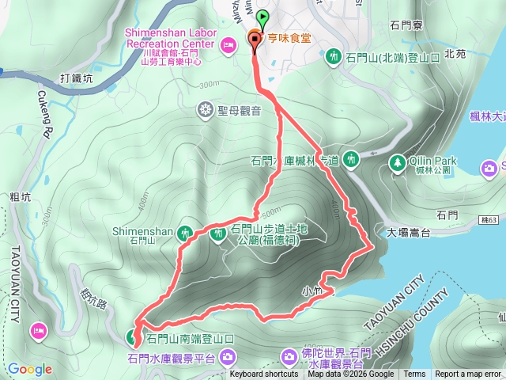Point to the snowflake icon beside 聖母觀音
click(206, 108)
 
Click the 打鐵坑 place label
click(77, 78)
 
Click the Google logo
click(30, 369)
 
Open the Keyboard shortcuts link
click(264, 374)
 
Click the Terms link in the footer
click(414, 374)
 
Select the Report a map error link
click(468, 374)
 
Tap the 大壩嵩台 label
click(409, 233)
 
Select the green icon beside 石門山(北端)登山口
click(334, 56)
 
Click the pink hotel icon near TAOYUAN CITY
click(37, 329)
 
